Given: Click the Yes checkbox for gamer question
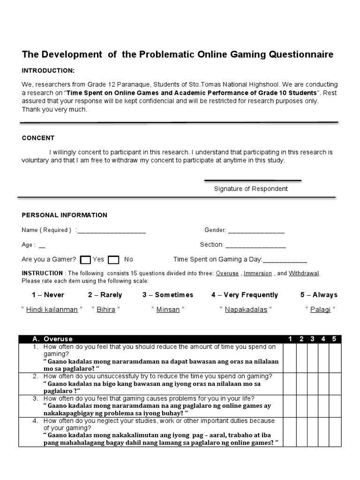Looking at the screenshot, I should (85, 260).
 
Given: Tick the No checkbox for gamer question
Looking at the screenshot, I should (113, 260).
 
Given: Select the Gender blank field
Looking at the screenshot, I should (256, 231).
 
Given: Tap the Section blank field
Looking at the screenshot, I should (255, 245).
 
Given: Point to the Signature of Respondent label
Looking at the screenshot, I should (251, 189).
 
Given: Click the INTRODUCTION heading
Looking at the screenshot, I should (48, 70).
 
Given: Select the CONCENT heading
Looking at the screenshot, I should (38, 138).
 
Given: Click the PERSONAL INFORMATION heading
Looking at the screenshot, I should (64, 215).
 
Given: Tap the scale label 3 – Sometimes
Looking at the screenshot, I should (168, 295).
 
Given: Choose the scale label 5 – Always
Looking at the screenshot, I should (319, 295).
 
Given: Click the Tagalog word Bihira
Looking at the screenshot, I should (105, 310).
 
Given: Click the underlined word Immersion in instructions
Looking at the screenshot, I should (257, 273).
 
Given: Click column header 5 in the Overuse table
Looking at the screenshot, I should (334, 339).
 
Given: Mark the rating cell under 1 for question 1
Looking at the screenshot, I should (290, 358).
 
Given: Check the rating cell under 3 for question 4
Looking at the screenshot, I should (312, 432).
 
